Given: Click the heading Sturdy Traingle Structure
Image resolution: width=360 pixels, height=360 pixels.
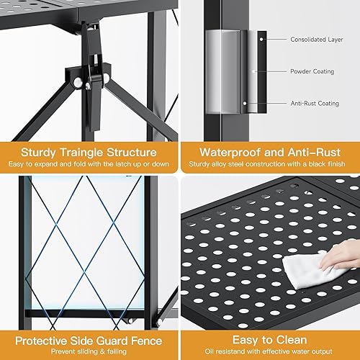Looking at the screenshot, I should coord(89,152).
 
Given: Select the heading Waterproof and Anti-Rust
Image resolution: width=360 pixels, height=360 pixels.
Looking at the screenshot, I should coord(270,152).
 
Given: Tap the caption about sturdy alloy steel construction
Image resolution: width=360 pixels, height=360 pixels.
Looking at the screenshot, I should coord(270,165).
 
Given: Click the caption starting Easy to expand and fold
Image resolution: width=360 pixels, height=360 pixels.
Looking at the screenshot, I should coord(89,165).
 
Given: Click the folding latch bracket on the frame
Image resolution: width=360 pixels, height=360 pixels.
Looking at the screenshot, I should coord(88,79).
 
